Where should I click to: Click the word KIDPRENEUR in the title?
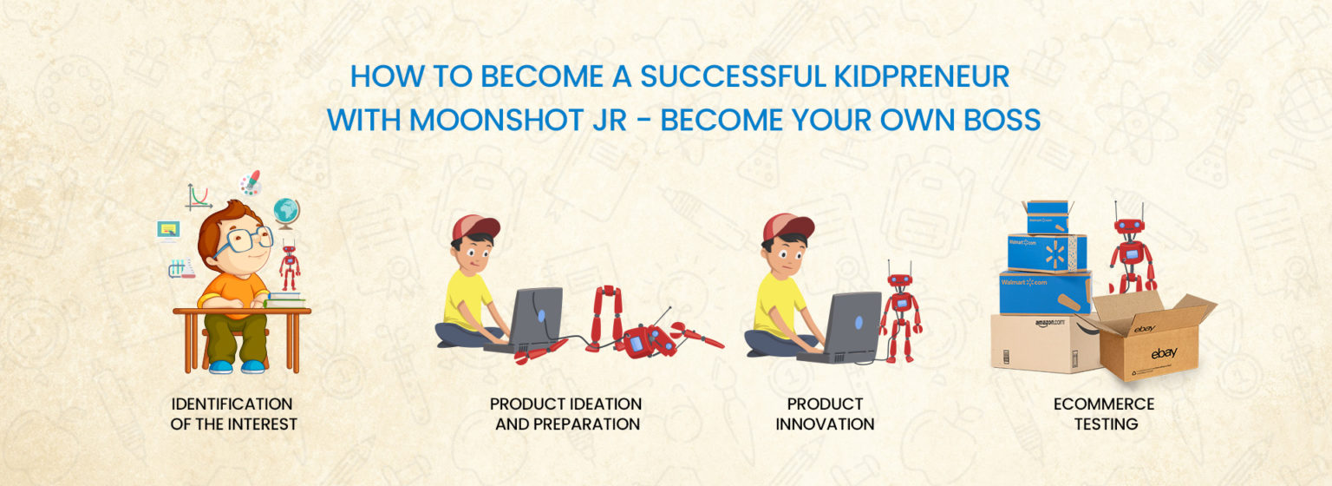coord(922,76)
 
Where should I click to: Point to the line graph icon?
coord(198,197)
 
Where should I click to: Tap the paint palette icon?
coord(251,183)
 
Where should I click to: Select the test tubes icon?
coord(181,269)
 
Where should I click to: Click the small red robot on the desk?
coord(290,266)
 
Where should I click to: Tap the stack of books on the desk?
coord(284,299)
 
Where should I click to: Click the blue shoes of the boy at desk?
coord(237,366)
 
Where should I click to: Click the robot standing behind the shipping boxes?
coord(1131,249)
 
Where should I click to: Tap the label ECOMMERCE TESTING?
coord(1104,414)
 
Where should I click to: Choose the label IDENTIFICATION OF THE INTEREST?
coord(233,414)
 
